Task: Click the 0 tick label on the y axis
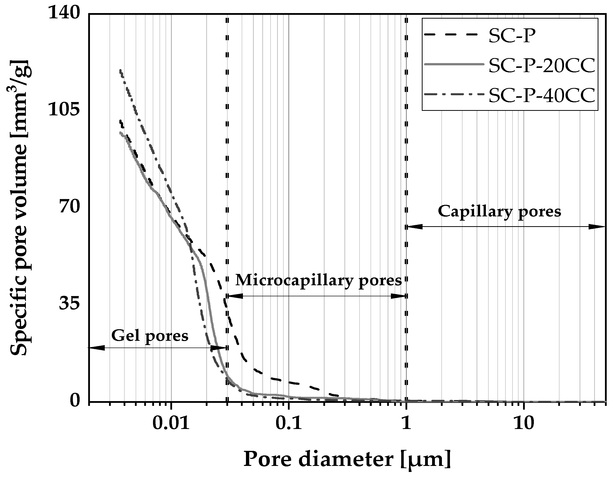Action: click(74, 401)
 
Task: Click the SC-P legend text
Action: click(512, 36)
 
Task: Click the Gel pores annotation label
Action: click(150, 336)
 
